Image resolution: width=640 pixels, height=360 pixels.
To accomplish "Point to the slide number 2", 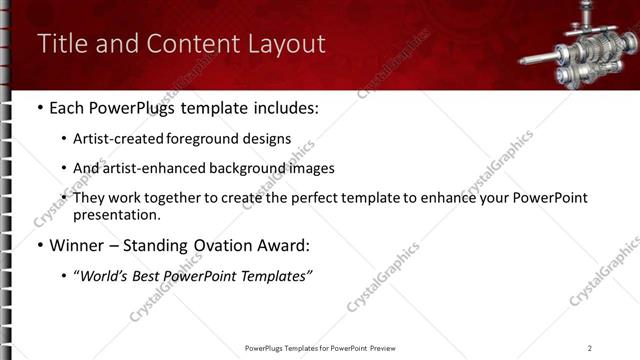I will tap(590, 348).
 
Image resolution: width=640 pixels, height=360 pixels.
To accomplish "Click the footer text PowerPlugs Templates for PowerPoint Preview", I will tap(319, 348).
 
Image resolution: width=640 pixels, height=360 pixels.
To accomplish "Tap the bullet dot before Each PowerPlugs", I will tap(39, 108).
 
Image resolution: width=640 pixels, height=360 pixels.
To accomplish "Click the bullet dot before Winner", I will tap(39, 245).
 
